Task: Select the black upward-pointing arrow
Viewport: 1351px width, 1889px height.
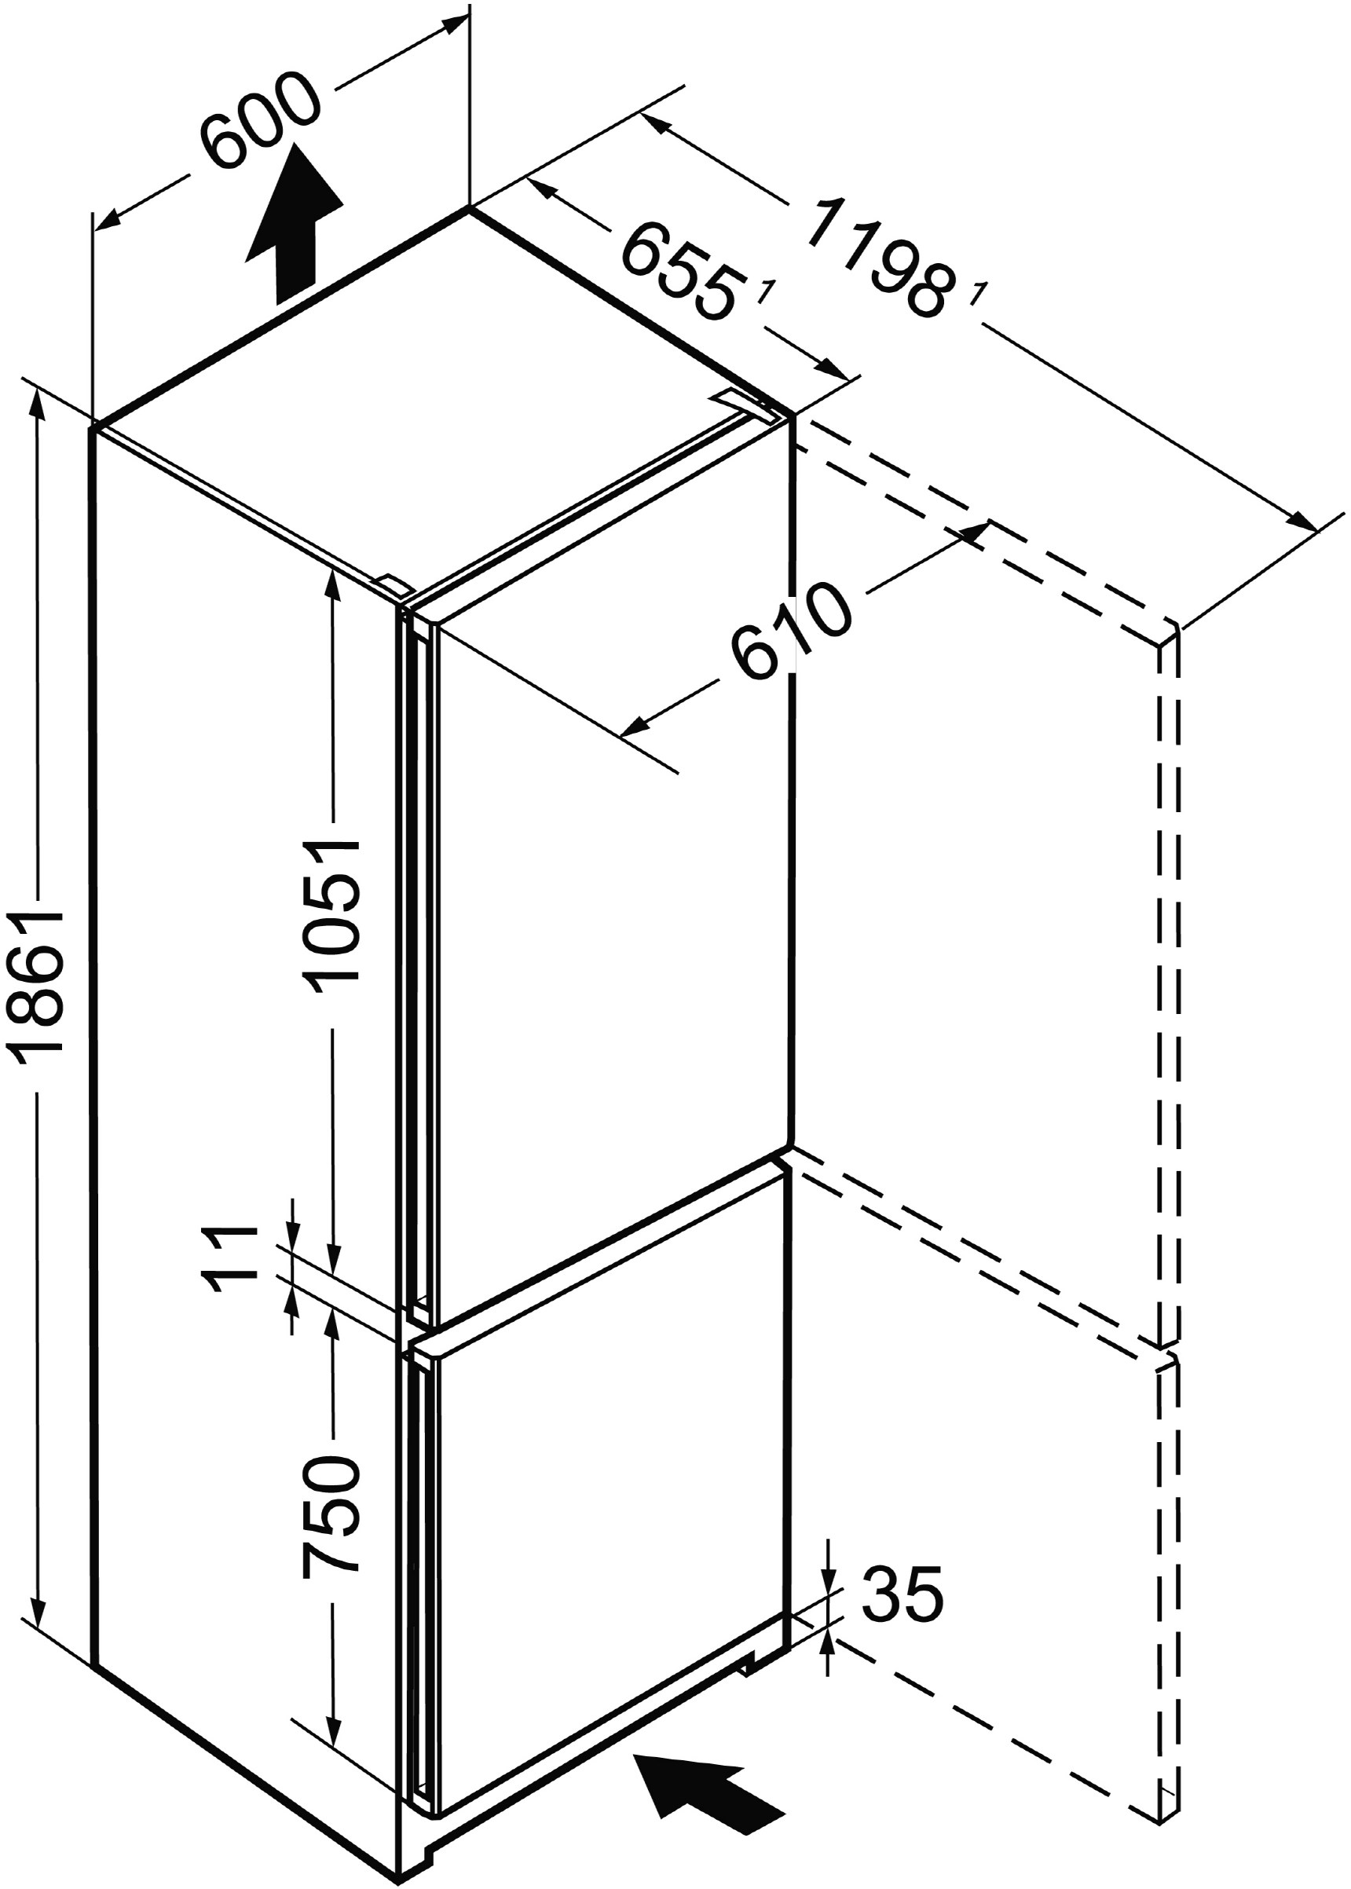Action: (x=295, y=225)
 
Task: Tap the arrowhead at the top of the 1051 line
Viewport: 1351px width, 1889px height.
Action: (x=332, y=587)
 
